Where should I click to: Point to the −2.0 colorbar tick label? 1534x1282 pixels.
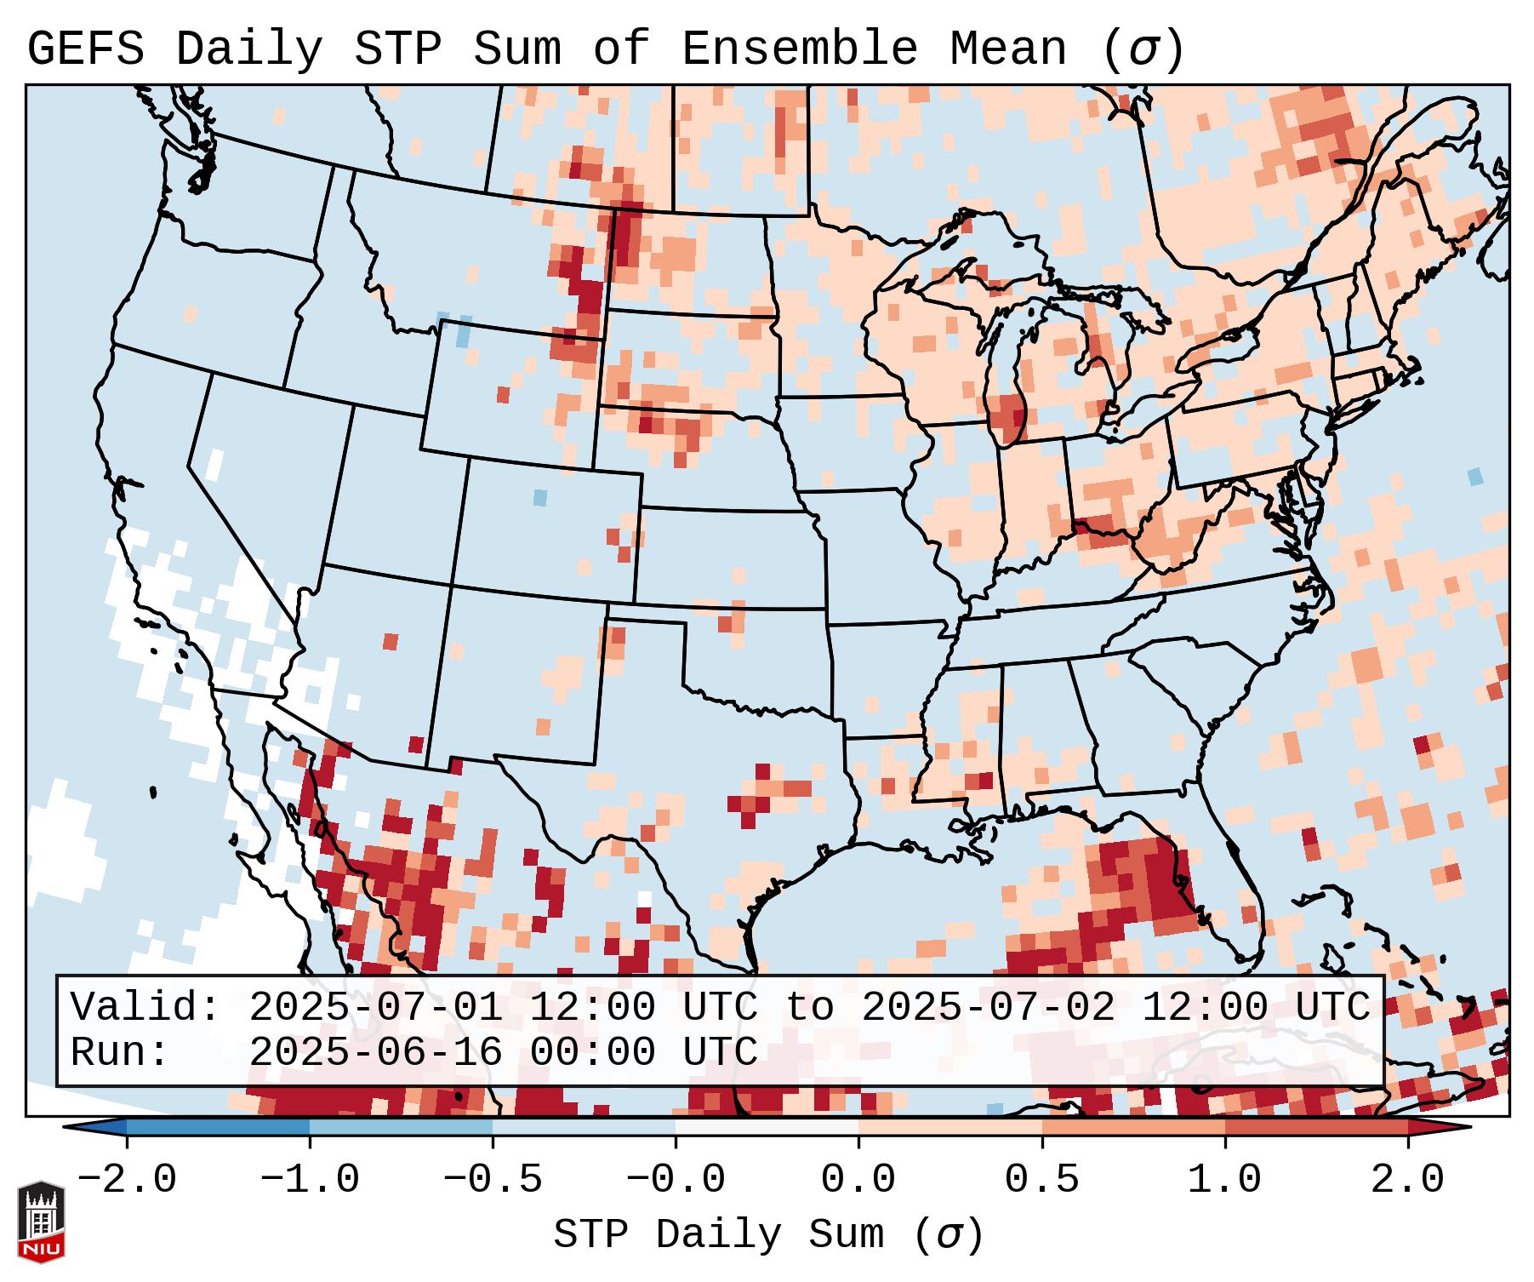(x=126, y=1180)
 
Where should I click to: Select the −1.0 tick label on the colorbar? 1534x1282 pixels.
(x=309, y=1180)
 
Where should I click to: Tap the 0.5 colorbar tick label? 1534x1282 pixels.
(x=1041, y=1180)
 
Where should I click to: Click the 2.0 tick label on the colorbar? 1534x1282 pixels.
(x=1407, y=1180)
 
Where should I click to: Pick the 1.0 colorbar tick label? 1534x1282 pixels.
(x=1224, y=1180)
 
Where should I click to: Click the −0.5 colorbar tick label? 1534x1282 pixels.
(x=493, y=1180)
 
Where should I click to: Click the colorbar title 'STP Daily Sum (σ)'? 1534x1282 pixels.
(x=768, y=1235)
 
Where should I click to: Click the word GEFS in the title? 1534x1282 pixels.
(x=85, y=49)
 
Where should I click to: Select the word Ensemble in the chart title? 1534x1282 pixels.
(x=799, y=49)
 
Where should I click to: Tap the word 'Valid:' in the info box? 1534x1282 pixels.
(x=145, y=1008)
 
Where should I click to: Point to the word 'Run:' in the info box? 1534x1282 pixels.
(x=120, y=1052)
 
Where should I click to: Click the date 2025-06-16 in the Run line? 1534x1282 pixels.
(x=375, y=1052)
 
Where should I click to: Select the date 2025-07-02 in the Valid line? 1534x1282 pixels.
(x=988, y=1008)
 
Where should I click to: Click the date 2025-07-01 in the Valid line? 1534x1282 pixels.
(x=375, y=1008)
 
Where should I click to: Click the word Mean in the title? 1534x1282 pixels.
(x=1007, y=49)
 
